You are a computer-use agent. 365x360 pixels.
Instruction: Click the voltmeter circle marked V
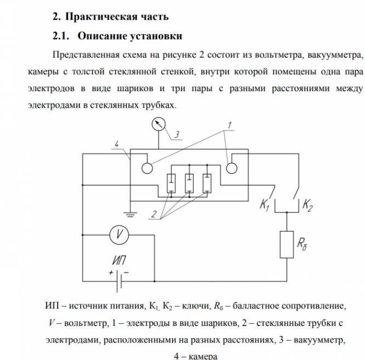(118, 234)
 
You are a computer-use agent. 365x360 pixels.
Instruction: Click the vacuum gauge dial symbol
(159, 124)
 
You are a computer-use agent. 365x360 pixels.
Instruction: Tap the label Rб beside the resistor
(304, 245)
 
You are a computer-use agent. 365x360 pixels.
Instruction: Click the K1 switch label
(265, 206)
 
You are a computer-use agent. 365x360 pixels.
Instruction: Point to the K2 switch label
(307, 206)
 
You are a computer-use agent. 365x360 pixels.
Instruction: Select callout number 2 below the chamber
(155, 214)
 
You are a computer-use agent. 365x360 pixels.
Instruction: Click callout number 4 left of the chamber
(116, 144)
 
